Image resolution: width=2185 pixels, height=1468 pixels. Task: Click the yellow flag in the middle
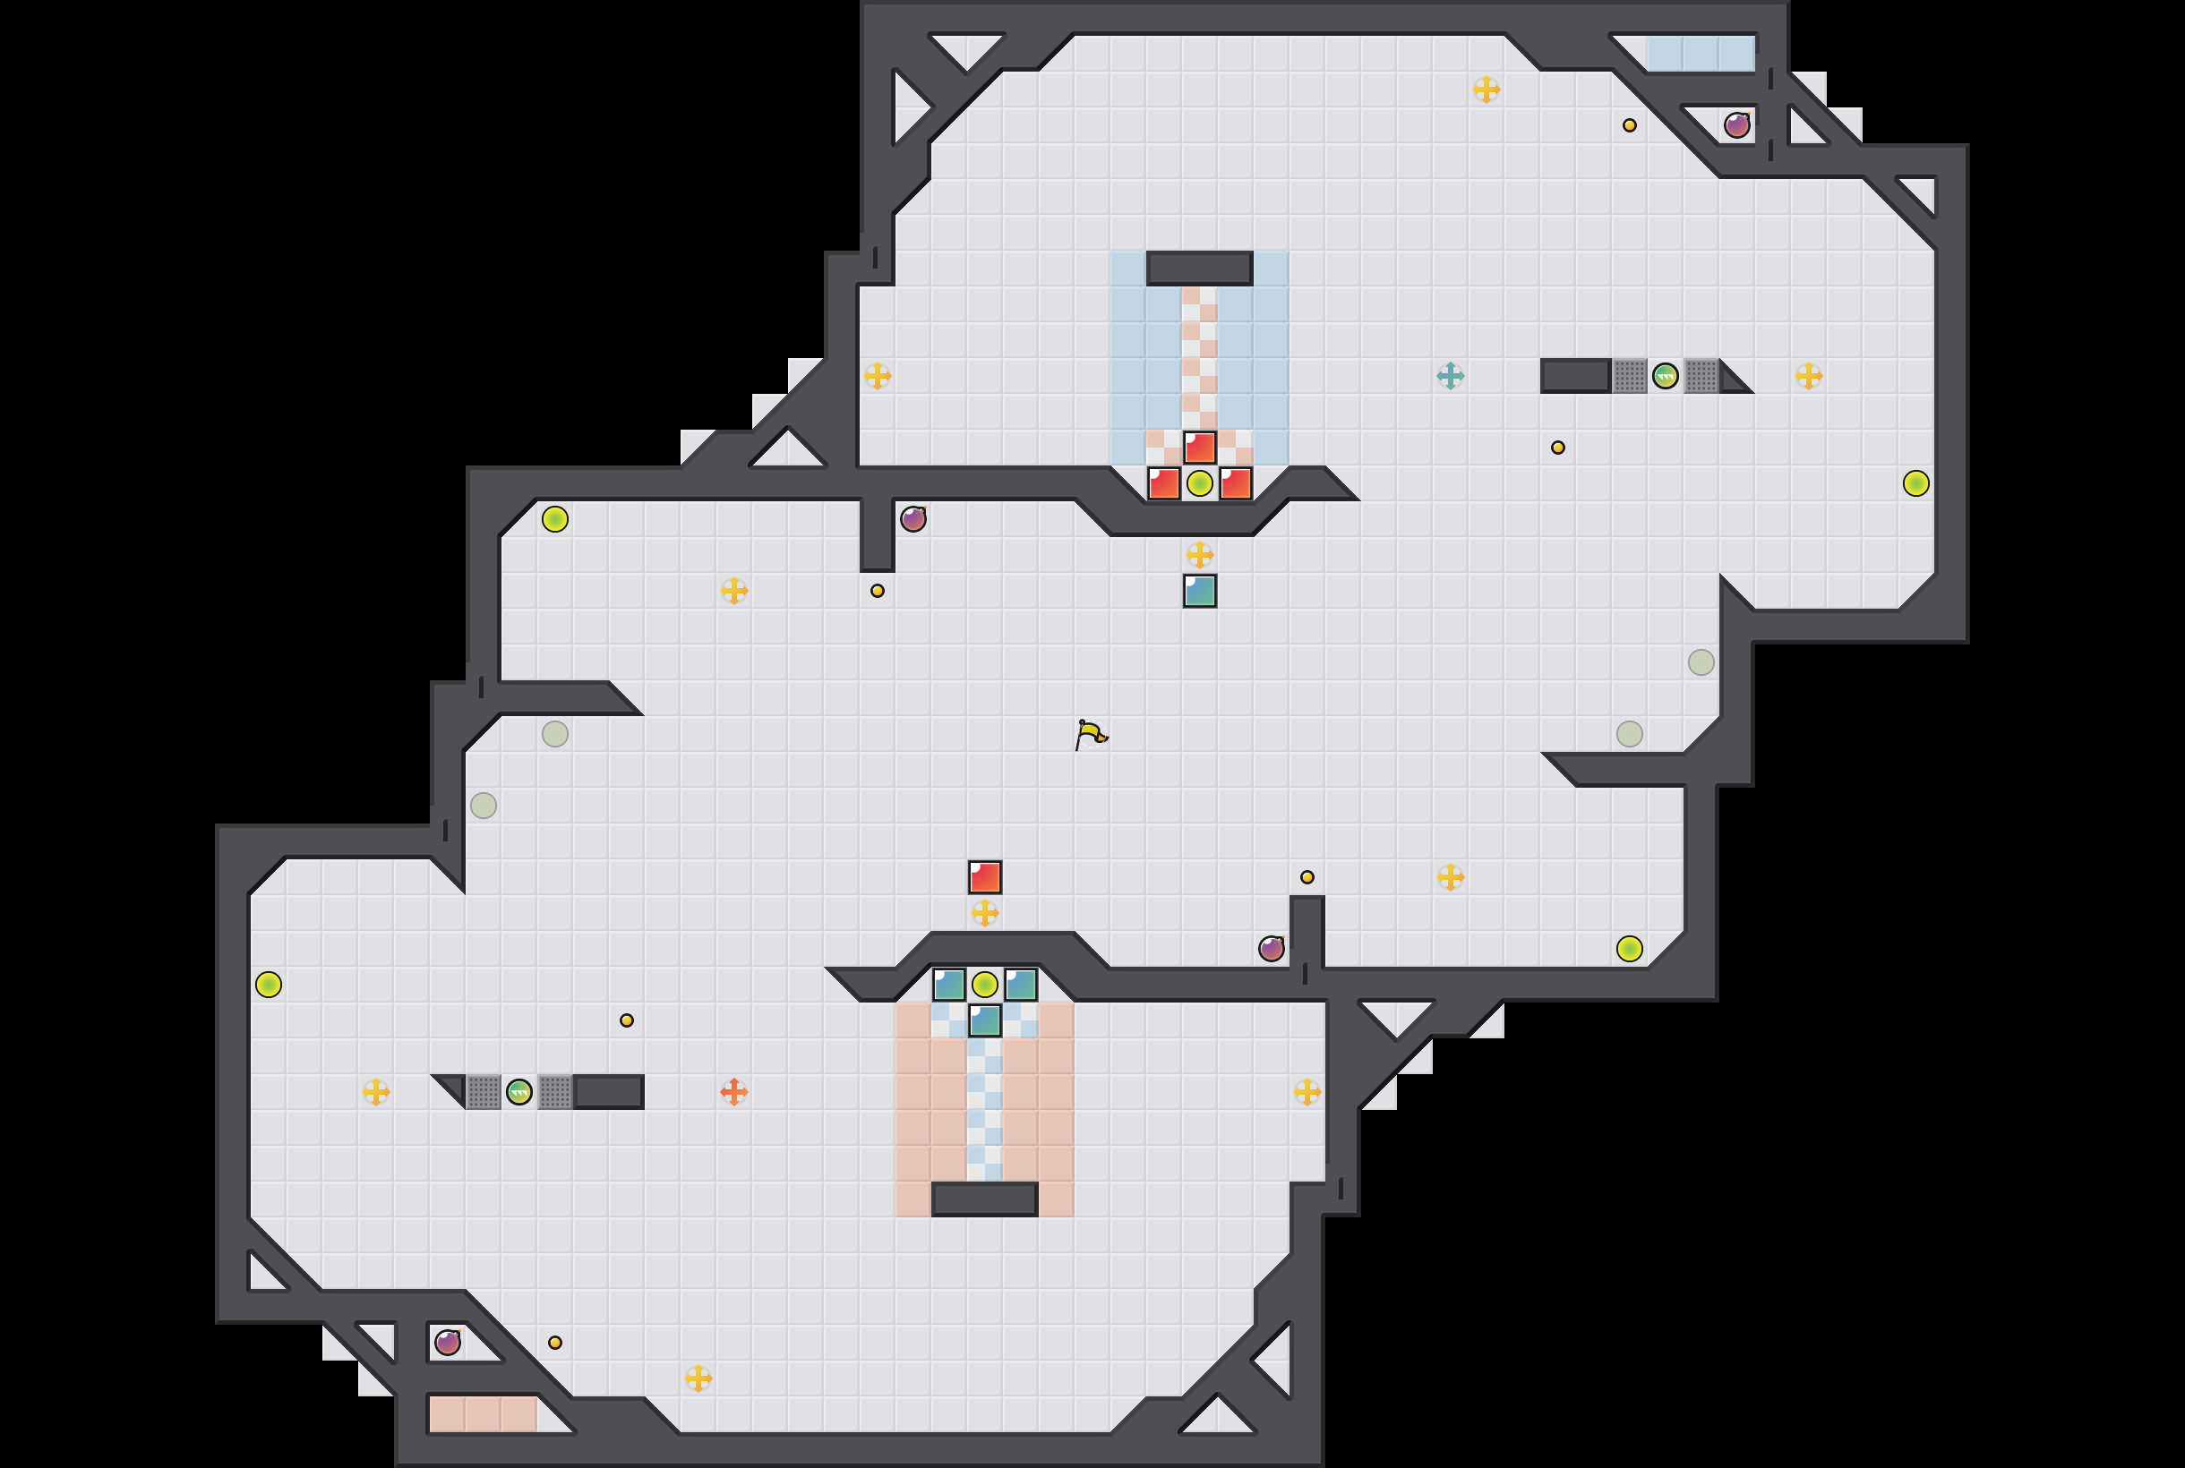coord(1089,734)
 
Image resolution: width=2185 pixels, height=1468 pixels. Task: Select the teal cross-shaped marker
coord(1450,376)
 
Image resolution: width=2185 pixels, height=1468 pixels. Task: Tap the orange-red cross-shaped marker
coord(733,1092)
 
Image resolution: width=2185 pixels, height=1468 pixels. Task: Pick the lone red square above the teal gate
coord(984,877)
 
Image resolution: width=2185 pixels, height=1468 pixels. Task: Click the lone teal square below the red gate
coord(1200,591)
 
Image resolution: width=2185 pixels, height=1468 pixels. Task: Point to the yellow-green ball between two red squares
coord(1200,483)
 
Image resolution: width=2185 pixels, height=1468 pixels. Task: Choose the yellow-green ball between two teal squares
coord(984,985)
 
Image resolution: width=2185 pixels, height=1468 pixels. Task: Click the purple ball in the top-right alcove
coord(1736,125)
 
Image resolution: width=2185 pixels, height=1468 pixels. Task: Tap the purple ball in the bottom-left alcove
coord(448,1343)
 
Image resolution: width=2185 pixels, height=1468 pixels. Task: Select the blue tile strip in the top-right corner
coord(1700,54)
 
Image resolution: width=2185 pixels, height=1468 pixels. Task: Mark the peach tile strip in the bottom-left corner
coord(484,1413)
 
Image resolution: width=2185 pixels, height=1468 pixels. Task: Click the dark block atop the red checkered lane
coord(1200,269)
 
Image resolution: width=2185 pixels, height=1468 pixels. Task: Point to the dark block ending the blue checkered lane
coord(984,1199)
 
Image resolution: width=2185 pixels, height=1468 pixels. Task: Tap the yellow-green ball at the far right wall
coord(1916,483)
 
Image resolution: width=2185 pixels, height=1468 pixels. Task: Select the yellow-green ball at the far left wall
coord(269,985)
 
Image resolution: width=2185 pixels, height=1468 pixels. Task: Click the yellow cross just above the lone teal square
coord(1200,555)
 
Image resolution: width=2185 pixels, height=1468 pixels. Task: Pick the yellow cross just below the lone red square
coord(984,913)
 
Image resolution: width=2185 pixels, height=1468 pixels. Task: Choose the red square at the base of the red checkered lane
coord(1200,448)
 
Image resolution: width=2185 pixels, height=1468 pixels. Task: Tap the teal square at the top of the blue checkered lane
coord(984,1020)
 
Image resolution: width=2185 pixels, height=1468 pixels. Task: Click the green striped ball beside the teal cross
coord(1666,376)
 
